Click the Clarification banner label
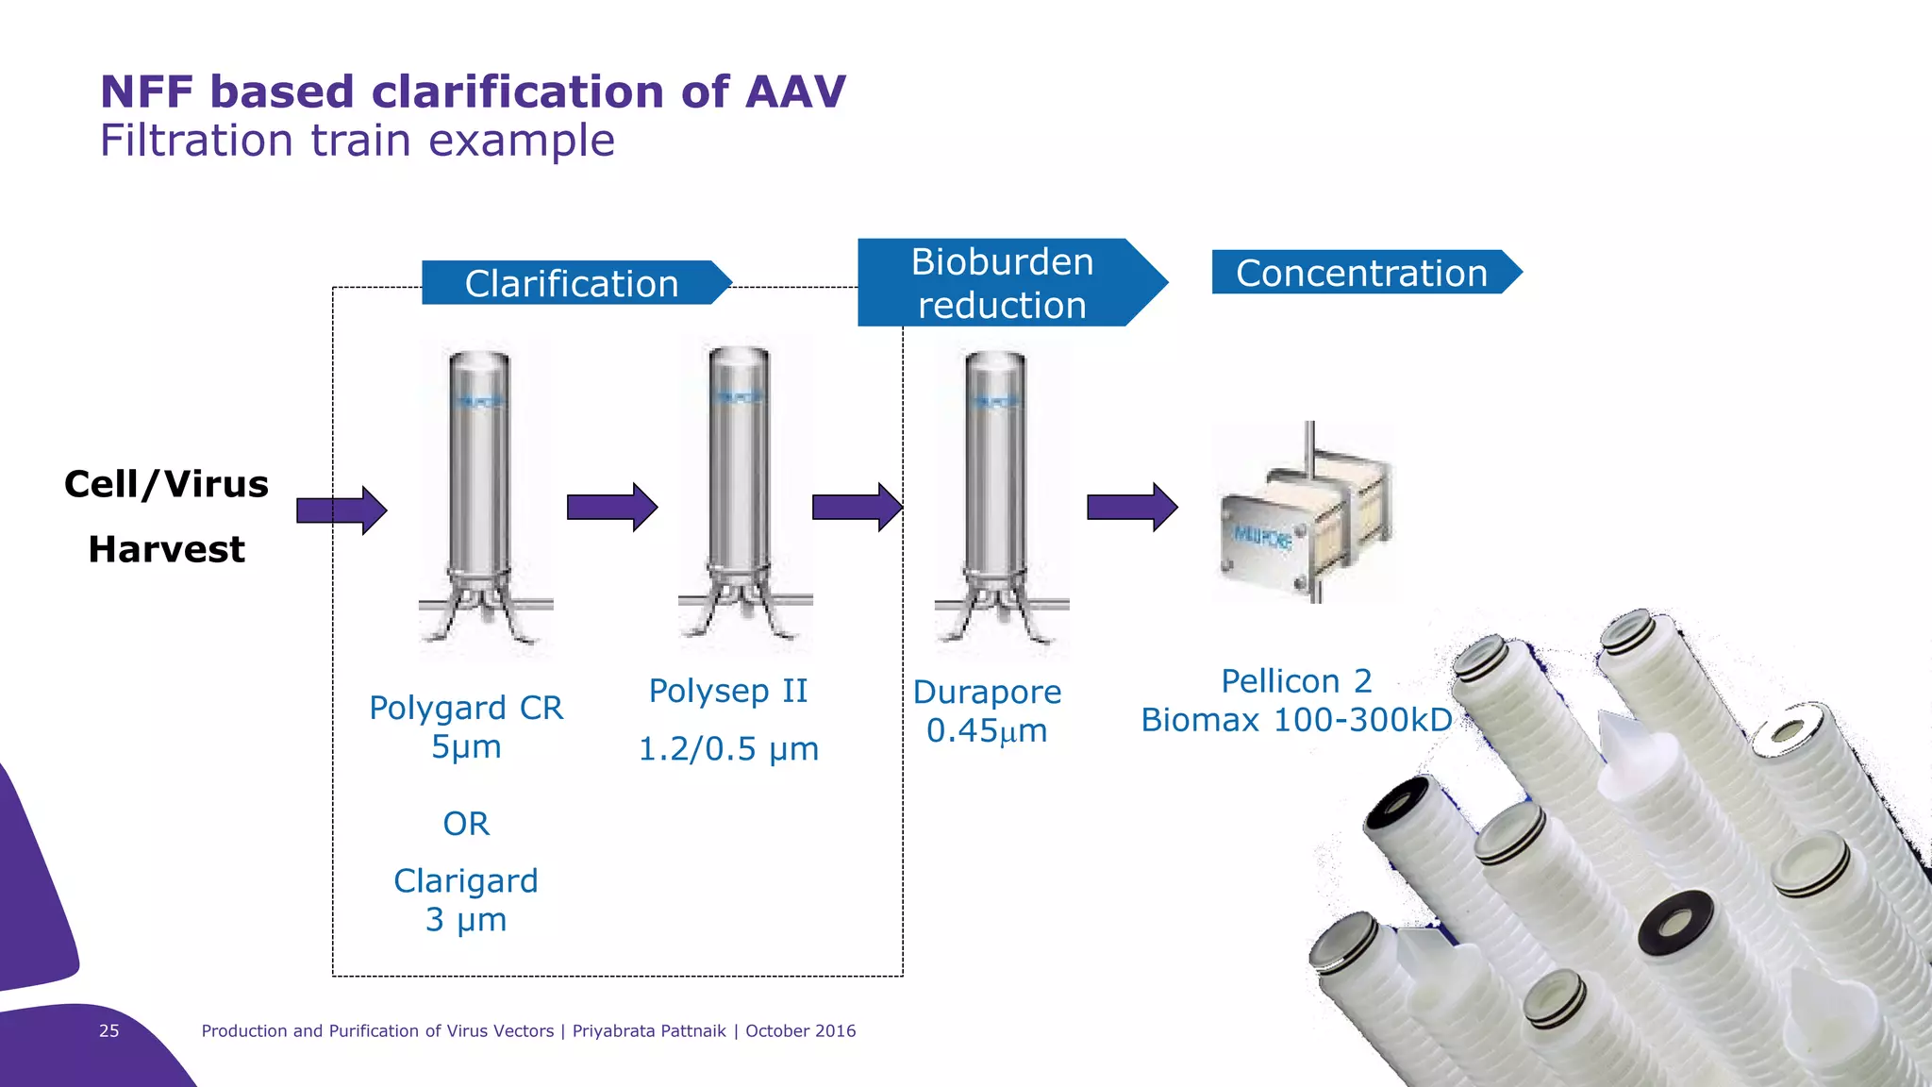pyautogui.click(x=572, y=283)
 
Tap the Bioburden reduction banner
pyautogui.click(x=1002, y=283)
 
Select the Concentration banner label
pyautogui.click(x=1361, y=273)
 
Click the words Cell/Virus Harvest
pyautogui.click(x=166, y=516)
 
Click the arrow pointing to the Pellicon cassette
pyautogui.click(x=1131, y=508)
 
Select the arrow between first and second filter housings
pyautogui.click(x=611, y=508)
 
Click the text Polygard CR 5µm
pyautogui.click(x=466, y=727)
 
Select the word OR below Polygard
pyautogui.click(x=466, y=824)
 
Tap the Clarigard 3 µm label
pyautogui.click(x=466, y=899)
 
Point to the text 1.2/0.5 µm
pyautogui.click(x=728, y=749)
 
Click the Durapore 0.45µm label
pyautogui.click(x=987, y=711)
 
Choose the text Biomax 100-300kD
pyautogui.click(x=1296, y=720)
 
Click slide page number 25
pyautogui.click(x=109, y=1030)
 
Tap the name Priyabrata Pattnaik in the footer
pyautogui.click(x=649, y=1030)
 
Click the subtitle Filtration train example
pyautogui.click(x=358, y=141)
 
